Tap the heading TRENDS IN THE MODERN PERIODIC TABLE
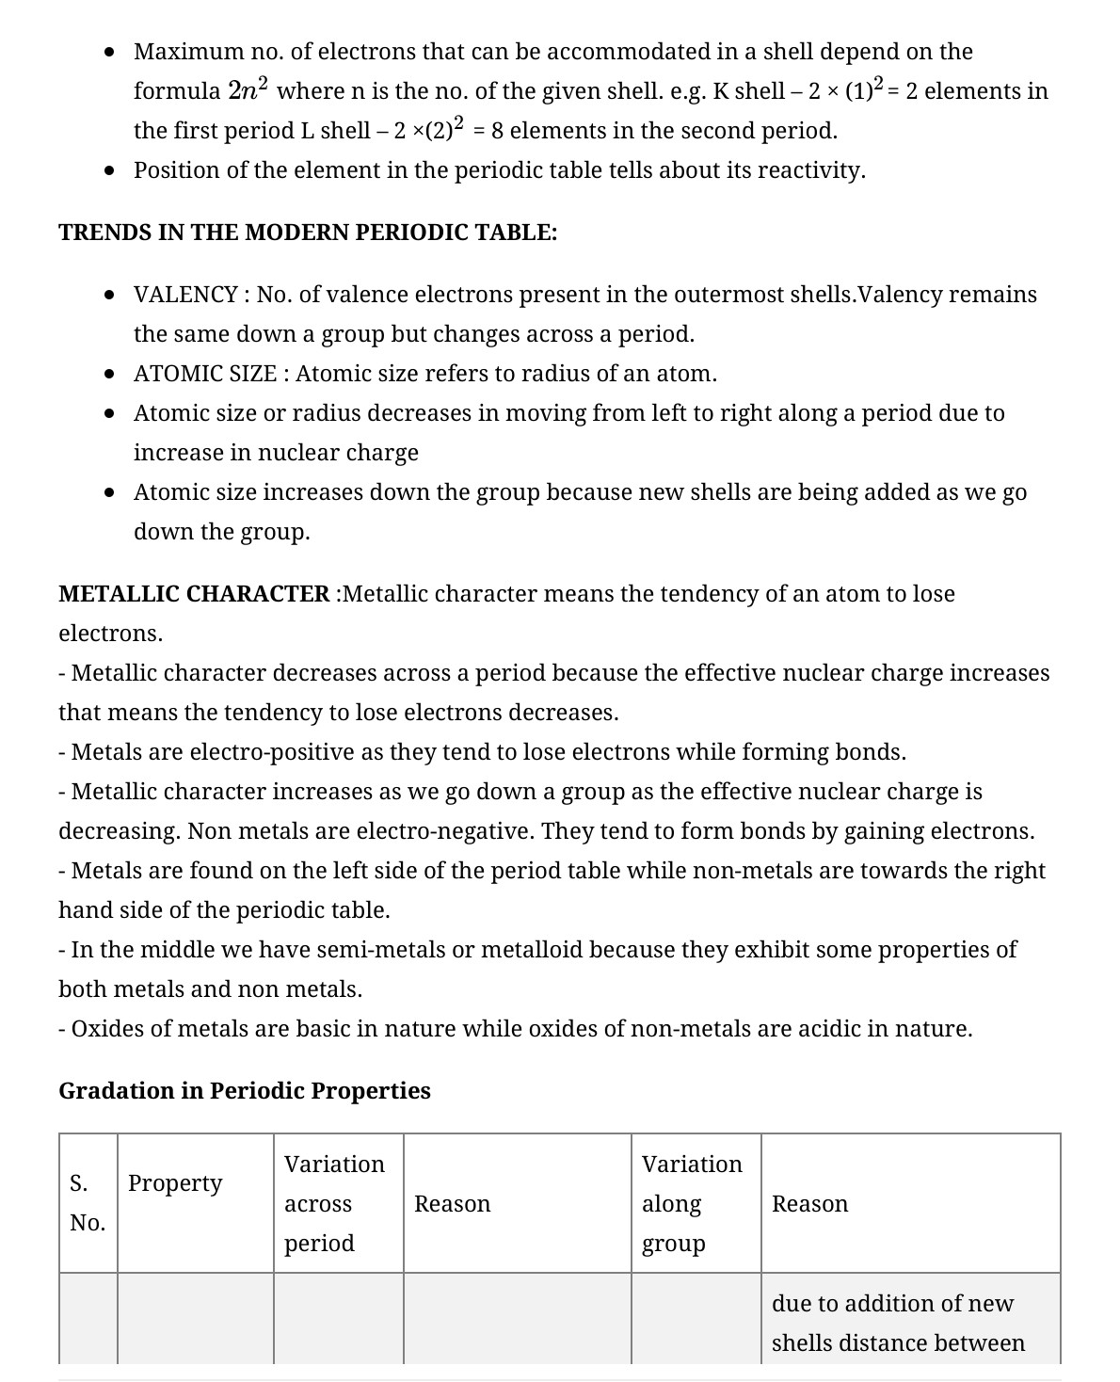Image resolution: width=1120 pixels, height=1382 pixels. pyautogui.click(x=308, y=233)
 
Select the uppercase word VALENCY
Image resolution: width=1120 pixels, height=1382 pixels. pyautogui.click(x=184, y=295)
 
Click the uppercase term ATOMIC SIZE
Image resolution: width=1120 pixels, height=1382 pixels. pyautogui.click(x=205, y=374)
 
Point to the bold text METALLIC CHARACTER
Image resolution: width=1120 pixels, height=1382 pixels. pyautogui.click(x=194, y=594)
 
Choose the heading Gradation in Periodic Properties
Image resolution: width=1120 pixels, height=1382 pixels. pyautogui.click(x=245, y=1090)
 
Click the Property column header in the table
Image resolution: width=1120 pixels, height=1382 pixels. pyautogui.click(x=175, y=1182)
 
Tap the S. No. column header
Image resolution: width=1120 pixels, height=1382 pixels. pyautogui.click(x=88, y=1203)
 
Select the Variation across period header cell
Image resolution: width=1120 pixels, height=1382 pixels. pyautogui.click(x=334, y=1203)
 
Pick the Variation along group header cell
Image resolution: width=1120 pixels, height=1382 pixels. pyautogui.click(x=692, y=1203)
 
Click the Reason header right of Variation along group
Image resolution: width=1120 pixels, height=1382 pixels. pyautogui.click(x=809, y=1204)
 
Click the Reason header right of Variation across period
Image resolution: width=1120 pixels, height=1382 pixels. pyautogui.click(x=452, y=1204)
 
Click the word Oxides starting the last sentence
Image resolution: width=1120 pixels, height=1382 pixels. pyautogui.click(x=104, y=1028)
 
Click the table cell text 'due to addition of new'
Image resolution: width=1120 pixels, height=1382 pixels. pyautogui.click(x=892, y=1303)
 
